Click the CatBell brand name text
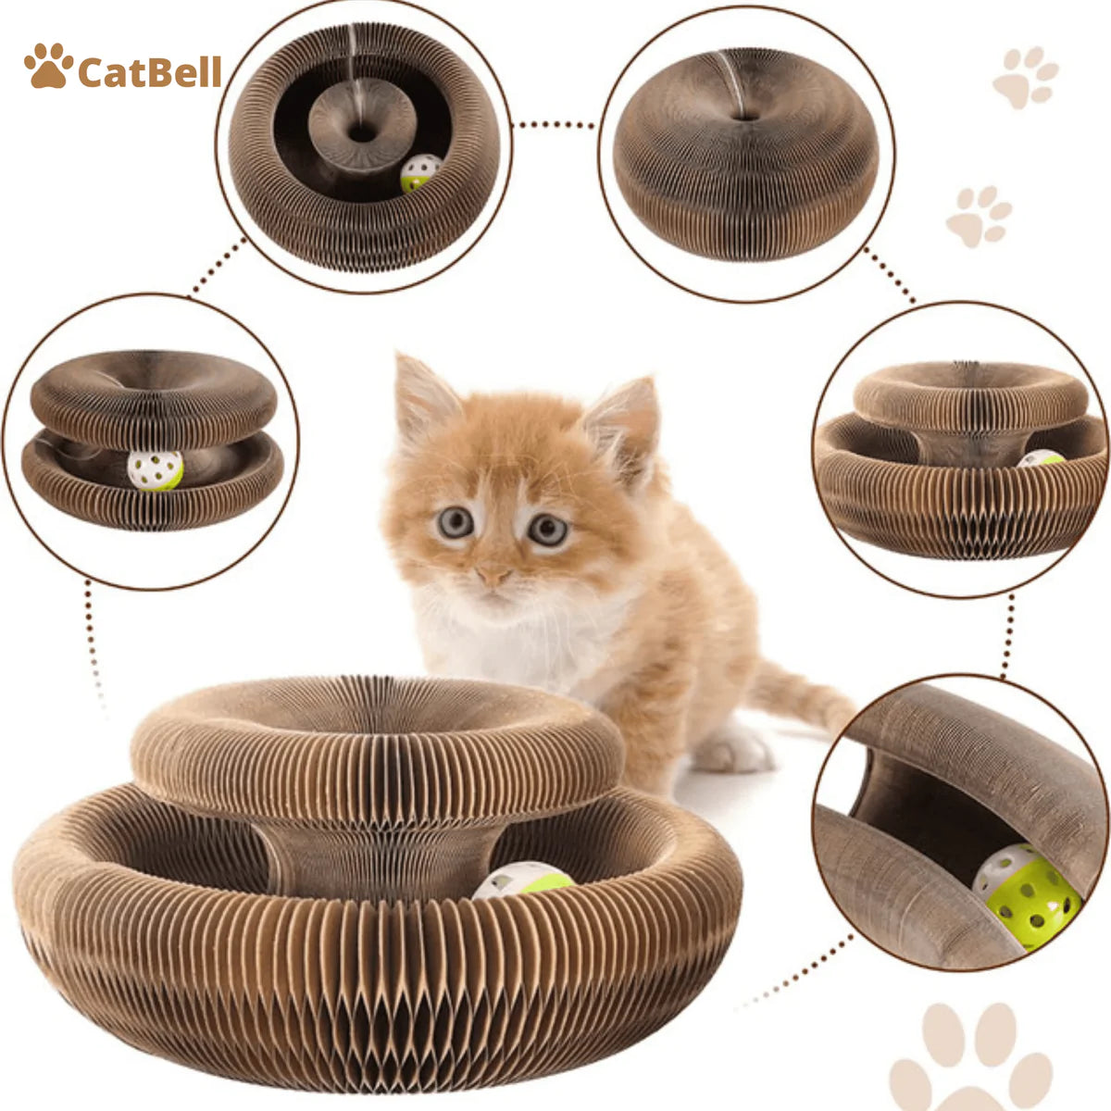149,71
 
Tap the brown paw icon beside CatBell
48,67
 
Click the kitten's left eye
455,523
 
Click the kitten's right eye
547,530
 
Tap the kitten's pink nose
493,575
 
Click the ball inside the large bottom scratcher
523,880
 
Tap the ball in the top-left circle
420,172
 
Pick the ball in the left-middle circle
155,470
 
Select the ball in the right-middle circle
1042,458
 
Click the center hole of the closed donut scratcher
743,117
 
